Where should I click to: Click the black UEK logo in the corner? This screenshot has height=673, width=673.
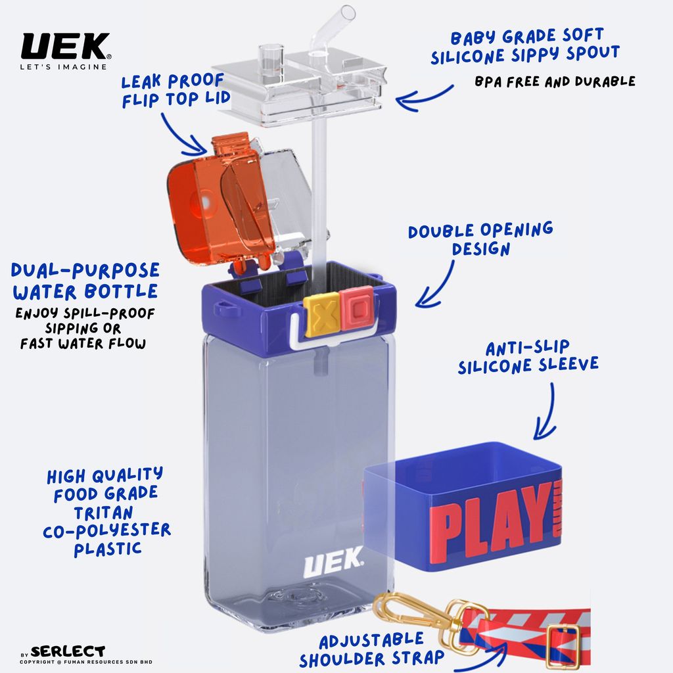pos(66,47)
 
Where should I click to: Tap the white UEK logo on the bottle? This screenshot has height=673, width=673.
pos(333,563)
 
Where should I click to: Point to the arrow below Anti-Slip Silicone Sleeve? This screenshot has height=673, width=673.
pos(547,412)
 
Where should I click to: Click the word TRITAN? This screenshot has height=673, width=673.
pos(103,513)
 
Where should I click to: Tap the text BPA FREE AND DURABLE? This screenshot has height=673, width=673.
pos(555,81)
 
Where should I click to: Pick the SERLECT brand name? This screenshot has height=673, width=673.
pos(68,651)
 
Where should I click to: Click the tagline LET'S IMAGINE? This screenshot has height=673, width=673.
pos(64,67)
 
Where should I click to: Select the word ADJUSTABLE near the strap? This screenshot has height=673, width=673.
pos(371,641)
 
